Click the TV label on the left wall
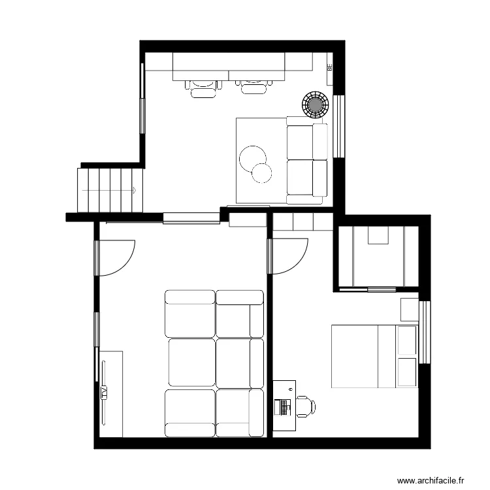pos(104,392)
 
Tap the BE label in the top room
pos(329,67)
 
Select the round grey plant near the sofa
pos(315,103)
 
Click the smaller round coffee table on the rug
pos(261,172)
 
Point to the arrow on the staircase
pos(133,190)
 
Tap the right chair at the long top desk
pos(255,86)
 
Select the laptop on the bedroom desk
pos(283,407)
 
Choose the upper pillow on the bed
pos(406,340)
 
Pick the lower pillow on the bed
pos(406,371)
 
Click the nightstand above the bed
pos(409,309)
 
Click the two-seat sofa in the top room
pos(307,160)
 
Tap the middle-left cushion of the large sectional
pos(191,361)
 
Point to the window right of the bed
pos(424,332)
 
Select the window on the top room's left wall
pos(142,98)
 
